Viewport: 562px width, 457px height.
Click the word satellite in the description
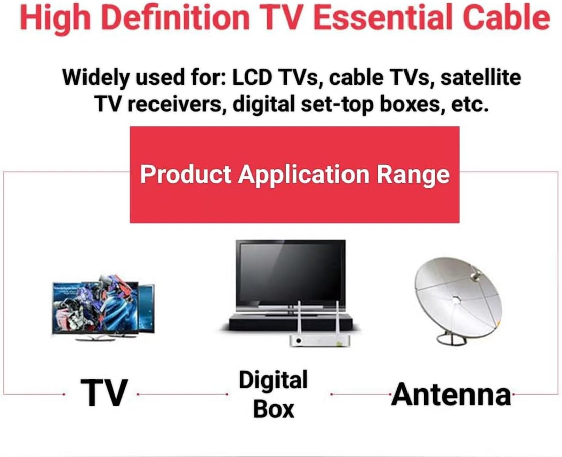click(480, 77)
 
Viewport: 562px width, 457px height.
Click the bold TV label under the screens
click(104, 394)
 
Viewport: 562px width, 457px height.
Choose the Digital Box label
click(274, 395)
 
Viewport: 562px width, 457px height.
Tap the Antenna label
click(451, 395)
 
